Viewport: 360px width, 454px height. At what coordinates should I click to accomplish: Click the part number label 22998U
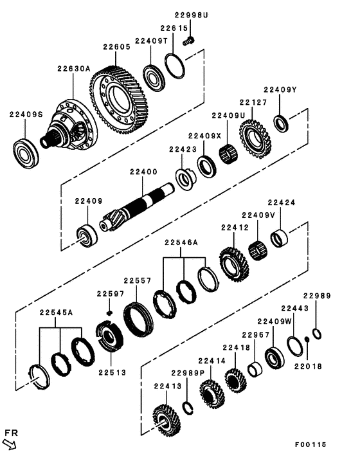[189, 15]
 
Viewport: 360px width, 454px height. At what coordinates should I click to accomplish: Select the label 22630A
[74, 69]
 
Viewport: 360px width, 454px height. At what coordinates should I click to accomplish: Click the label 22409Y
[280, 90]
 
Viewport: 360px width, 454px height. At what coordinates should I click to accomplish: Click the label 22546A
[181, 243]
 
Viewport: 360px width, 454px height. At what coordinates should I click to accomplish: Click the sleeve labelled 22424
[279, 239]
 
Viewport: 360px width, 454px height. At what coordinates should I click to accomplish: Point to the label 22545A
[56, 313]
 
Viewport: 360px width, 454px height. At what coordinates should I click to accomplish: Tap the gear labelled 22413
[167, 422]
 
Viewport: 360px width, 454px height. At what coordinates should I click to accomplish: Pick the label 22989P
[187, 373]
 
